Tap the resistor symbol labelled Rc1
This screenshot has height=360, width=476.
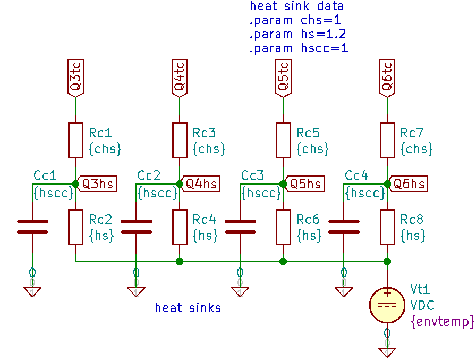tap(75, 140)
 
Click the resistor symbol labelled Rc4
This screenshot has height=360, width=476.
tap(180, 227)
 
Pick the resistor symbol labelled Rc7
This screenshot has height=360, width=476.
tap(387, 140)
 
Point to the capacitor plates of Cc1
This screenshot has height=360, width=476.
tap(32, 227)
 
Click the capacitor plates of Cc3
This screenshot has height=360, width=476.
tap(240, 227)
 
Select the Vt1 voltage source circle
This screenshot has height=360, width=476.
tap(387, 305)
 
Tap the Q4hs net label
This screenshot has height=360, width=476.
tap(200, 184)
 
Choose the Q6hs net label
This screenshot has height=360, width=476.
tap(408, 184)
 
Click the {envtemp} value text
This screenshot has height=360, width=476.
tap(441, 322)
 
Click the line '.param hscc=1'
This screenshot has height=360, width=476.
tap(299, 48)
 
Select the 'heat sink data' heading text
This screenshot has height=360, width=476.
tap(297, 6)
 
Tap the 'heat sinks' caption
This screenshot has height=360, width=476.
tap(188, 308)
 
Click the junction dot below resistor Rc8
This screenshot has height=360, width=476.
tap(387, 262)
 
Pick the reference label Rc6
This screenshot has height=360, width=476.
tap(308, 219)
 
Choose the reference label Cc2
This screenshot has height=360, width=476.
tap(149, 175)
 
